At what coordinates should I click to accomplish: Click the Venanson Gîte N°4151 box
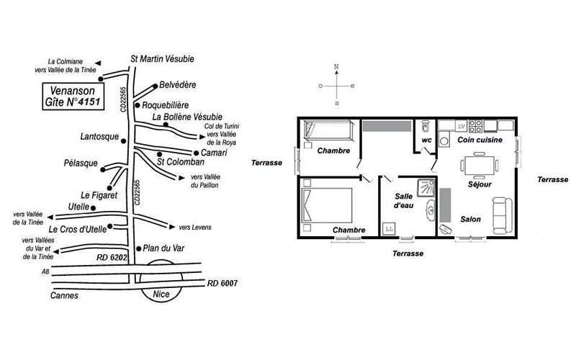pyautogui.click(x=73, y=96)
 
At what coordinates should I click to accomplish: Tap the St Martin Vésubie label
pyautogui.click(x=163, y=59)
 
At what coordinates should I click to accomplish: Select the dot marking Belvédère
pyautogui.click(x=155, y=86)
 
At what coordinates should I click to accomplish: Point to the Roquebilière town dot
pyautogui.click(x=138, y=105)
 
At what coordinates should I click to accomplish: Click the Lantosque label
pyautogui.click(x=99, y=137)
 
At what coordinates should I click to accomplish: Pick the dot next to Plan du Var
pyautogui.click(x=138, y=248)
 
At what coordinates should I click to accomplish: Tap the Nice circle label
pyautogui.click(x=161, y=294)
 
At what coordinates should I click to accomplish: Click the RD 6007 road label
pyautogui.click(x=222, y=283)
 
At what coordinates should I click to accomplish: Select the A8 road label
pyautogui.click(x=45, y=272)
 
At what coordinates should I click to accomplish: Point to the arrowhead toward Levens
pyautogui.click(x=172, y=227)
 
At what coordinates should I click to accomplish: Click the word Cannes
pyautogui.click(x=64, y=295)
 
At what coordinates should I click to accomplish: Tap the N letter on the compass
pyautogui.click(x=336, y=66)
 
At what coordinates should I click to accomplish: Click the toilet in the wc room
pyautogui.click(x=426, y=125)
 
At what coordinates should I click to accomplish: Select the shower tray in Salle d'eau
pyautogui.click(x=426, y=187)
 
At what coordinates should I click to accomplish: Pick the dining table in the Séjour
pyautogui.click(x=480, y=166)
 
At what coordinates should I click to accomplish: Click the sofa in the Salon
pyautogui.click(x=502, y=215)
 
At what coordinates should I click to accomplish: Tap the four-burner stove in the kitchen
pyautogui.click(x=475, y=126)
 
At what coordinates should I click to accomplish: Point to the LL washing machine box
pyautogui.click(x=389, y=229)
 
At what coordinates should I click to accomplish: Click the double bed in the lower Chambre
pyautogui.click(x=327, y=205)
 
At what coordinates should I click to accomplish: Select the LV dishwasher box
pyautogui.click(x=462, y=126)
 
